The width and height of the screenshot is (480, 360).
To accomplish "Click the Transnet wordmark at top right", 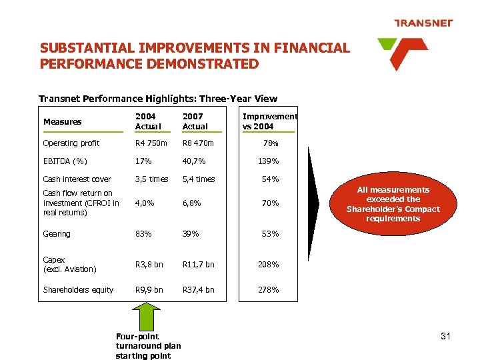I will point(423,23).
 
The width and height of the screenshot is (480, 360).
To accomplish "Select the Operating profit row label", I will point(71,143).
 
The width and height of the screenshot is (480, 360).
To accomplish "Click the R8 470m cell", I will point(198,143).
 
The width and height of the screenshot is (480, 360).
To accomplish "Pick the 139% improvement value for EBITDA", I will point(269,161).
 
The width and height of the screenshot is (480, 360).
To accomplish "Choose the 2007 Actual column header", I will point(195,121).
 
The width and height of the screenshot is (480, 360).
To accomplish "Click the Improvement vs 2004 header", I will point(269,121).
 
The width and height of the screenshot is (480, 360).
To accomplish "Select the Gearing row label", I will point(57,234).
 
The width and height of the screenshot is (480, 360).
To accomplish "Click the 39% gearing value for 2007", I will point(191,234).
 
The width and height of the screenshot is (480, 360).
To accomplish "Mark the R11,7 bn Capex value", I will point(199,265).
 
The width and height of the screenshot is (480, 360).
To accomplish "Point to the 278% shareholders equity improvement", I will point(269,290).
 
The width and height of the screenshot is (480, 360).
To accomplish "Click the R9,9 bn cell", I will point(149,290).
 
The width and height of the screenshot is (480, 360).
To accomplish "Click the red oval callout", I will point(393,204).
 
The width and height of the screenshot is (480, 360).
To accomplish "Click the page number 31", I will point(445,336).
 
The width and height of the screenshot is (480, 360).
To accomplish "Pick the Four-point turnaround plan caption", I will point(147,346).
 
